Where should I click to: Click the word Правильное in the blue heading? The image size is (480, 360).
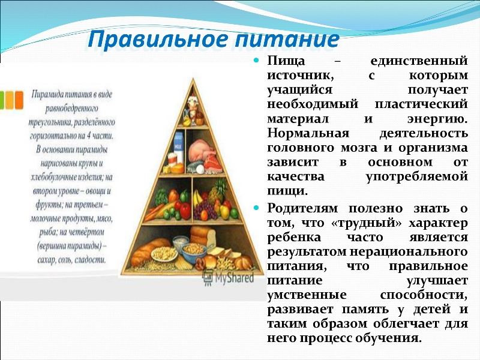pyautogui.click(x=158, y=40)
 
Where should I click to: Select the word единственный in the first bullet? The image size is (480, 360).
pyautogui.click(x=419, y=61)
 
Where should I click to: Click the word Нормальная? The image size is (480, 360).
pyautogui.click(x=308, y=133)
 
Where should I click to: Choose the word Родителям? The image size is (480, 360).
pyautogui.click(x=303, y=208)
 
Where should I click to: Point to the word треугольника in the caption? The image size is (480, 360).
pyautogui.click(x=50, y=122)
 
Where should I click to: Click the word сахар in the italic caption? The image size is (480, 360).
pyautogui.click(x=47, y=260)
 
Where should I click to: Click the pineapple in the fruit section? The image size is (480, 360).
pyautogui.click(x=218, y=190)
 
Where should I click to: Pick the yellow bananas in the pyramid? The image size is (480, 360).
pyautogui.click(x=198, y=199)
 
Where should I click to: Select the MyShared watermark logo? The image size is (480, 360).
pyautogui.click(x=228, y=278)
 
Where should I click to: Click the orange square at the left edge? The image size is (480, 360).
pyautogui.click(x=19, y=100)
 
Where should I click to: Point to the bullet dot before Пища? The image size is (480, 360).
pyautogui.click(x=256, y=61)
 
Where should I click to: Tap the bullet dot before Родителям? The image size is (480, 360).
pyautogui.click(x=256, y=208)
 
